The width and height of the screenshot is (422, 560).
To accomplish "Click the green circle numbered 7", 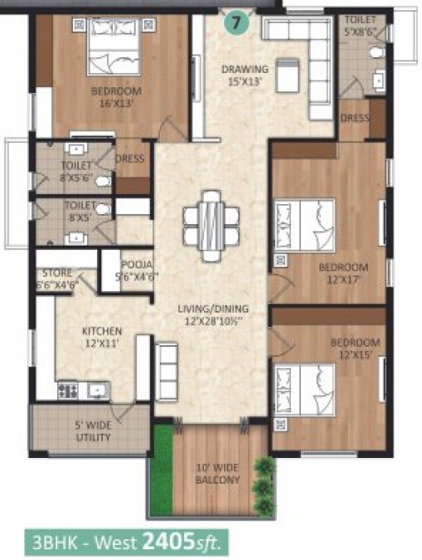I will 237,23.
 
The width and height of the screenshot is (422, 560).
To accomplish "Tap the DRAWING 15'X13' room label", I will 244,75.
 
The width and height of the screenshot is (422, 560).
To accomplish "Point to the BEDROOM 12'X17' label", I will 343,273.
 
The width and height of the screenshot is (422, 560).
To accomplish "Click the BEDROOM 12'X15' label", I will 355,348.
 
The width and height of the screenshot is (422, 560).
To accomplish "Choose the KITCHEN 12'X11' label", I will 102,336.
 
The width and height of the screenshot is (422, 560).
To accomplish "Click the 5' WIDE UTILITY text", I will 93,431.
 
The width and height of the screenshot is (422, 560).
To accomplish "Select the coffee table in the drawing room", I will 287,75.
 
